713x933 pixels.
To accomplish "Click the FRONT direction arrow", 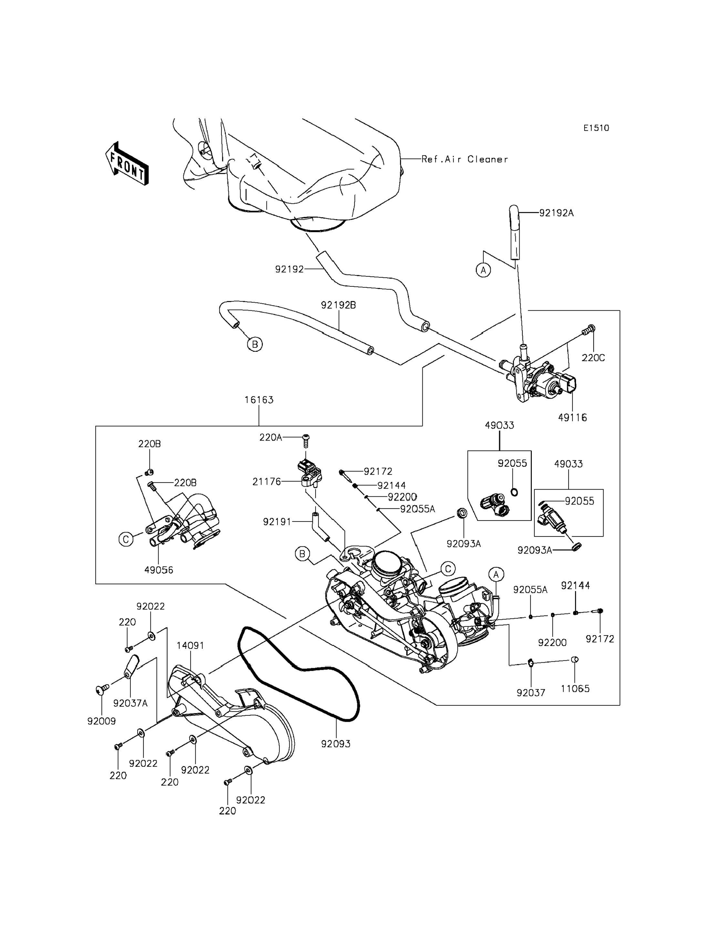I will [127, 163].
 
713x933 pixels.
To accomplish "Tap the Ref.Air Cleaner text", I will [464, 159].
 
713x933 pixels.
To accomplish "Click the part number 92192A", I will [556, 213].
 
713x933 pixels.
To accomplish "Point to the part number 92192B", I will [338, 305].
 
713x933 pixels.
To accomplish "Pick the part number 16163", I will [259, 399].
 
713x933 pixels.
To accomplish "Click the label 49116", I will [573, 418].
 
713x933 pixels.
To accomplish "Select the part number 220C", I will [593, 358].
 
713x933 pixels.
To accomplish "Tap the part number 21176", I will [266, 482].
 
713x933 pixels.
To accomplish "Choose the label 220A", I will [271, 437].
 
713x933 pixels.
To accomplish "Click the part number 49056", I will [159, 570].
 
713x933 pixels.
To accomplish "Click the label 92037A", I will [130, 703].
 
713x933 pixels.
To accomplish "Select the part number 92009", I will [101, 721].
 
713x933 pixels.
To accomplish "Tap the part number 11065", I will [575, 689].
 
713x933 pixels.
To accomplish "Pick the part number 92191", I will [277, 522].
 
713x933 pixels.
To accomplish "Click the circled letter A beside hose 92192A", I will [483, 270].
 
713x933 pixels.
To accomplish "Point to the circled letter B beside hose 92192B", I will [255, 344].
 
